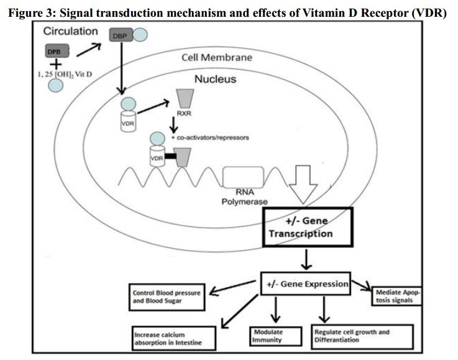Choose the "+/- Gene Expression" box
(x=305, y=284)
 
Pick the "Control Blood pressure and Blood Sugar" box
(x=166, y=296)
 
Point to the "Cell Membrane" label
(x=217, y=57)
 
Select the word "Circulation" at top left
(x=70, y=30)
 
